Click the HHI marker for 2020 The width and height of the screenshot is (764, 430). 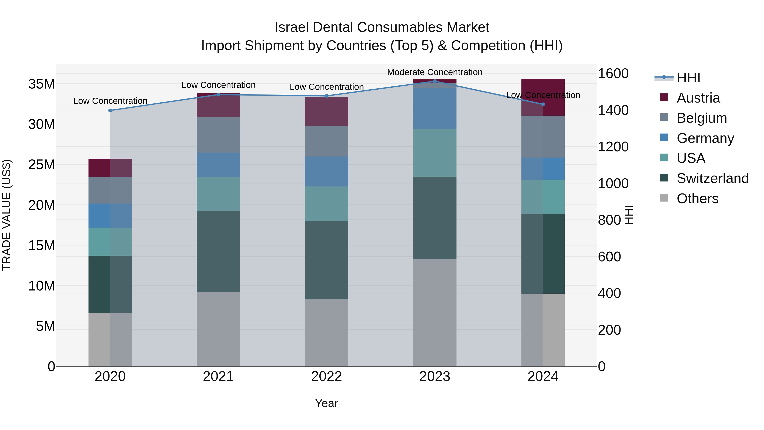(110, 110)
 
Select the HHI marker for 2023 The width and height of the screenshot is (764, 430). (435, 81)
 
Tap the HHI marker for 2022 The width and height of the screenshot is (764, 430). (327, 96)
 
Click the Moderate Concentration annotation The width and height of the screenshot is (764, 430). (435, 72)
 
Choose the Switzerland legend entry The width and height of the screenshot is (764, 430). (712, 178)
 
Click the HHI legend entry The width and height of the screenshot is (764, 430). (688, 78)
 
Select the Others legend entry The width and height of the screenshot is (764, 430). (697, 199)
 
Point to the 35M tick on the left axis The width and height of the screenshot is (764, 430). (42, 84)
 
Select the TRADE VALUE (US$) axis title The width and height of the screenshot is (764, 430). (7, 215)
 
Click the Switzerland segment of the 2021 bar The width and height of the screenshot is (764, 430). (218, 251)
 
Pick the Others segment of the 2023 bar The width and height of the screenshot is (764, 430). (435, 313)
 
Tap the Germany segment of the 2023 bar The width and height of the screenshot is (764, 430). (435, 108)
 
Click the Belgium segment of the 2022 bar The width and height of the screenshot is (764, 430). (327, 141)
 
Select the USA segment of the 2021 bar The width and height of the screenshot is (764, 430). (218, 194)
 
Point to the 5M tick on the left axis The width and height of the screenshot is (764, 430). (45, 326)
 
